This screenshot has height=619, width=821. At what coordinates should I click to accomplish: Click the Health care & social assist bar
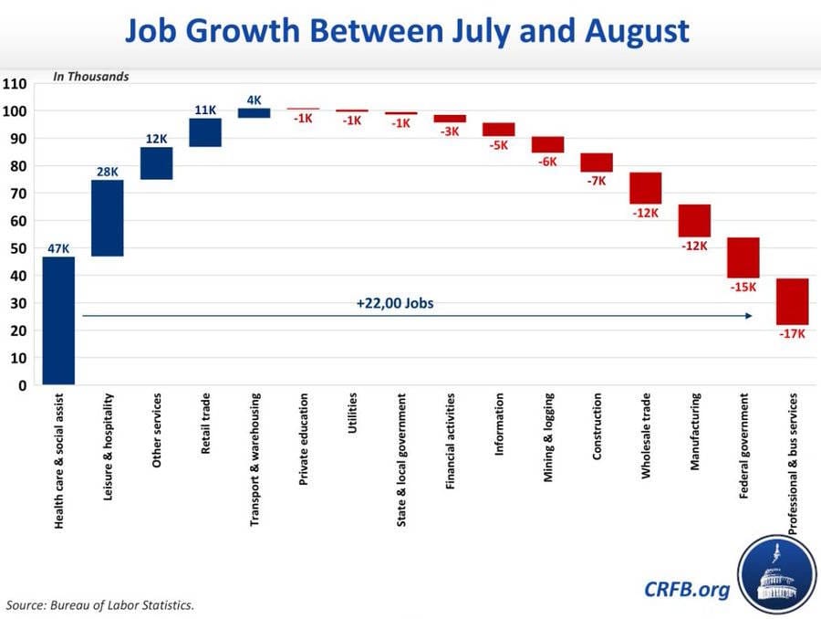pyautogui.click(x=58, y=320)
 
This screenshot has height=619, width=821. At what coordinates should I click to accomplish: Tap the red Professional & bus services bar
pyautogui.click(x=793, y=301)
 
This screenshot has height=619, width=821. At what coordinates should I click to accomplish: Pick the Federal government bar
pyautogui.click(x=743, y=257)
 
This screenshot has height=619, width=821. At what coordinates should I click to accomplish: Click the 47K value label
pyautogui.click(x=58, y=248)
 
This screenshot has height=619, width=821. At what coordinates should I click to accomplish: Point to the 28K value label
pyautogui.click(x=108, y=172)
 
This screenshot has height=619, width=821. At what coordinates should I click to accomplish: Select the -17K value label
pyautogui.click(x=793, y=333)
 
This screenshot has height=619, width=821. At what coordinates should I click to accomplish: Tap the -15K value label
pyautogui.click(x=743, y=287)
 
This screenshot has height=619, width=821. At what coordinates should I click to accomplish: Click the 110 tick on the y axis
pyautogui.click(x=16, y=84)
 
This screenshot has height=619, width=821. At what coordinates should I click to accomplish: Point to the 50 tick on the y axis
pyautogui.click(x=18, y=248)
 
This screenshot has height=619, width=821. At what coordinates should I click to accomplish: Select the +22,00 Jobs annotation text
pyautogui.click(x=395, y=303)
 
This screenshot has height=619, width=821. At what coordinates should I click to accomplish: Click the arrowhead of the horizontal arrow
pyautogui.click(x=748, y=316)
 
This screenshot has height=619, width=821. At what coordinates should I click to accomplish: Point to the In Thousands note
pyautogui.click(x=91, y=77)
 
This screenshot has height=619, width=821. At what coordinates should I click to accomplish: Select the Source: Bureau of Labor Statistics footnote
pyautogui.click(x=100, y=604)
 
